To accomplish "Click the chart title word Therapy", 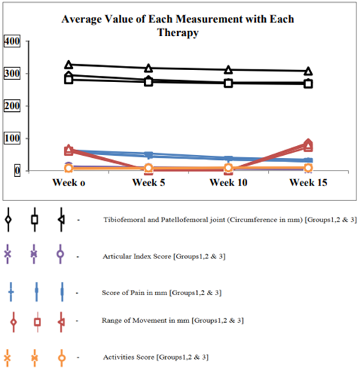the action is [178, 33].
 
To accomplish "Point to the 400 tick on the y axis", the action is [12, 41].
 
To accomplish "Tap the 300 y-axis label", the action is [12, 74].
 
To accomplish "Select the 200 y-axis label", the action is [12, 105].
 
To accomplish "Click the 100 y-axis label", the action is [12, 138].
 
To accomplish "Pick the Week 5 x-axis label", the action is [149, 183].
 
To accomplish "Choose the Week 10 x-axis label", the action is [228, 183].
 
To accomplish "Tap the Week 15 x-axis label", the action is [308, 183].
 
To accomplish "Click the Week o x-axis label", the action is [69, 183].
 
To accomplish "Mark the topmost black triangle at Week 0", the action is [69, 64].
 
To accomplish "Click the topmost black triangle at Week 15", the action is [308, 71].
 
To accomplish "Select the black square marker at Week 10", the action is [228, 84].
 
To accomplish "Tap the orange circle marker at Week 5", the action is [149, 168].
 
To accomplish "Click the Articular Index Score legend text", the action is [164, 256].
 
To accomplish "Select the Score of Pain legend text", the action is [162, 293].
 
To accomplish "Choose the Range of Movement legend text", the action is [173, 321].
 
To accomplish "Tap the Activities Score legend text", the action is [156, 357].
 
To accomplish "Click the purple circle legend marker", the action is [60, 254].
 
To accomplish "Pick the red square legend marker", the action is [38, 322].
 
